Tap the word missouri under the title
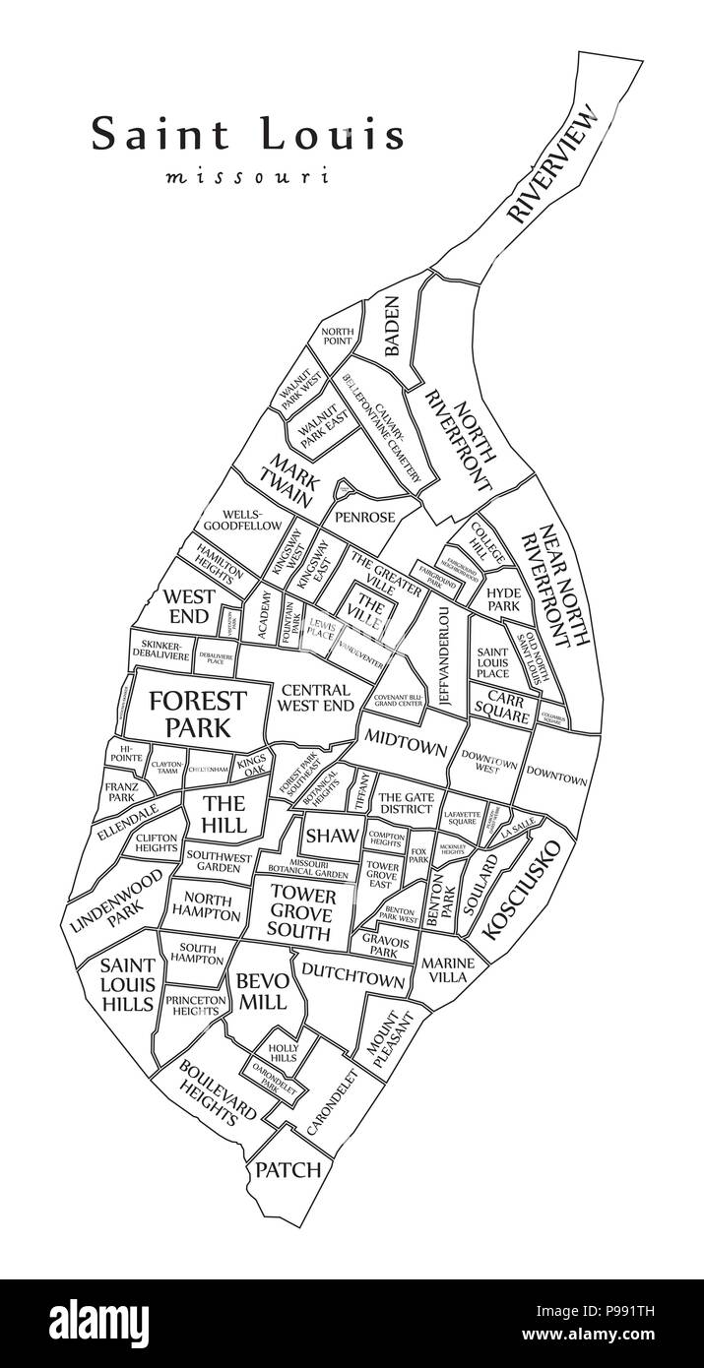[x=246, y=178]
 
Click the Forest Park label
[x=197, y=714]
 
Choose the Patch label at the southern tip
[x=288, y=1169]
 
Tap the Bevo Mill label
[x=260, y=991]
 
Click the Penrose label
[x=364, y=517]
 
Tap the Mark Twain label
[x=289, y=479]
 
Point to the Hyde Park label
[x=502, y=598]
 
